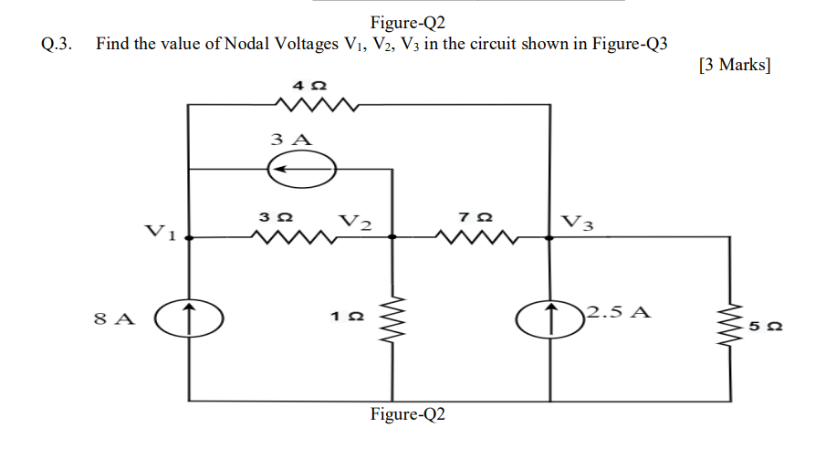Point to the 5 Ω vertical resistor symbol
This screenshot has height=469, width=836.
pos(730,318)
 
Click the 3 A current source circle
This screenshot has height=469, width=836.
pos(301,169)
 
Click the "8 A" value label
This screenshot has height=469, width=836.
pos(114,319)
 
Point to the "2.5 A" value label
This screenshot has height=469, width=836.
pos(619,311)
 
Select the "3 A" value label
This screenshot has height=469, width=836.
pos(291,140)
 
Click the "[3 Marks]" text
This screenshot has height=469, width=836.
pos(734,65)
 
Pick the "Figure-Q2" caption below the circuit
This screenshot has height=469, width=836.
pos(408,414)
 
